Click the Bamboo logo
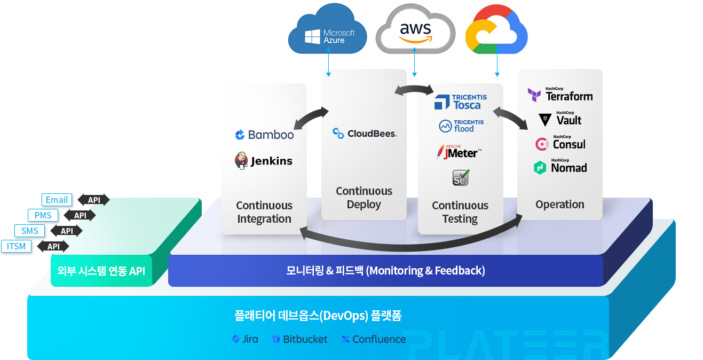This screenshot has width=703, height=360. (x=264, y=135)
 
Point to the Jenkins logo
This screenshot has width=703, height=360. (x=264, y=161)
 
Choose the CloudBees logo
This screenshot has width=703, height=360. (x=365, y=134)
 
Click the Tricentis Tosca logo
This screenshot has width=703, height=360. (x=461, y=102)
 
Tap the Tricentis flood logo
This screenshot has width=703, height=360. (x=461, y=126)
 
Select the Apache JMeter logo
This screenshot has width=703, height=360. (x=459, y=152)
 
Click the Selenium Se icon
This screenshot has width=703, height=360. (x=461, y=178)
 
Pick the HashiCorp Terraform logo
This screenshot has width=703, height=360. (x=560, y=95)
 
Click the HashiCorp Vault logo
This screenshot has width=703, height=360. (x=560, y=119)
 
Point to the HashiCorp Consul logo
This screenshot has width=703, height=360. (x=560, y=143)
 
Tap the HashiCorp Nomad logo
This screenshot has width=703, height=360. (x=560, y=167)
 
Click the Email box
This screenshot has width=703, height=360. (x=57, y=200)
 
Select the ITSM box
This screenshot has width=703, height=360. (x=17, y=246)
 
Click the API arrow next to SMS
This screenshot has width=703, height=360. (x=67, y=231)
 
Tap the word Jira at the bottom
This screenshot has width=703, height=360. (x=250, y=339)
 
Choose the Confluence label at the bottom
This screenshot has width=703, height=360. (x=379, y=339)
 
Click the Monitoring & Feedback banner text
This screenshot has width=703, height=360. (x=385, y=270)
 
